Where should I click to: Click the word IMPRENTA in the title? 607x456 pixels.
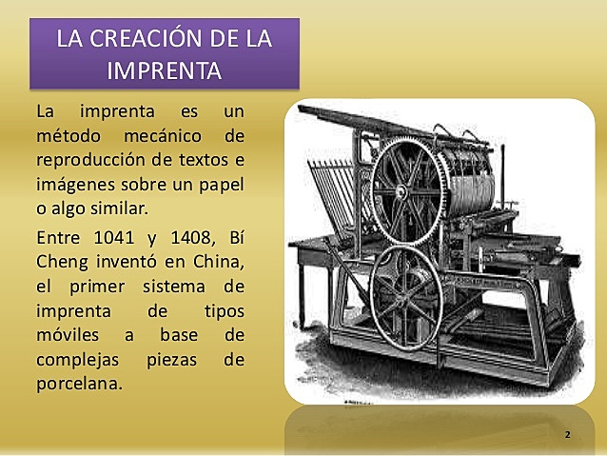point(165,69)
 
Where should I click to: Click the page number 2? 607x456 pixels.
point(567,434)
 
